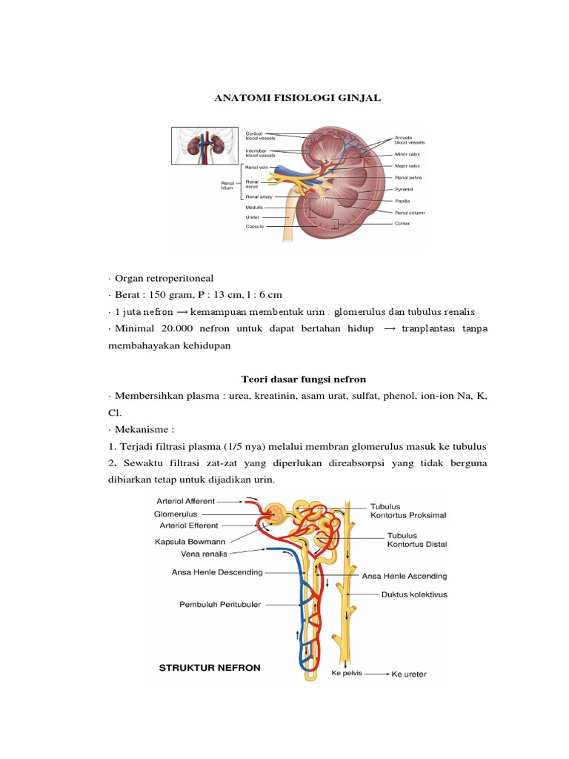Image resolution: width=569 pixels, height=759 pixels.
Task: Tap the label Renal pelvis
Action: pyautogui.click(x=408, y=178)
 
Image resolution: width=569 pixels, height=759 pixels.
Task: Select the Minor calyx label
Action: pyautogui.click(x=407, y=154)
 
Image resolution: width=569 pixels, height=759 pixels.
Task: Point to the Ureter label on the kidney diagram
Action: pyautogui.click(x=253, y=217)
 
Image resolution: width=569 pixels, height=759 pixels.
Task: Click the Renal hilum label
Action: pyautogui.click(x=227, y=185)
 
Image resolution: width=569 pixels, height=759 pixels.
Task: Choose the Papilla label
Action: pyautogui.click(x=402, y=201)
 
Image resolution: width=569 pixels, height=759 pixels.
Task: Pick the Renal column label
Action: pyautogui.click(x=410, y=212)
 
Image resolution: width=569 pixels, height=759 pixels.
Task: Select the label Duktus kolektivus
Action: pyautogui.click(x=414, y=594)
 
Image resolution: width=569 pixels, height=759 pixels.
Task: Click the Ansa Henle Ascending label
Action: pyautogui.click(x=404, y=576)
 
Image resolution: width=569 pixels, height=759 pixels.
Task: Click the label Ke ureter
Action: pyautogui.click(x=409, y=675)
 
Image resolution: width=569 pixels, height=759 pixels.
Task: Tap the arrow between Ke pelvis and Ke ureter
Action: pyautogui.click(x=375, y=675)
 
